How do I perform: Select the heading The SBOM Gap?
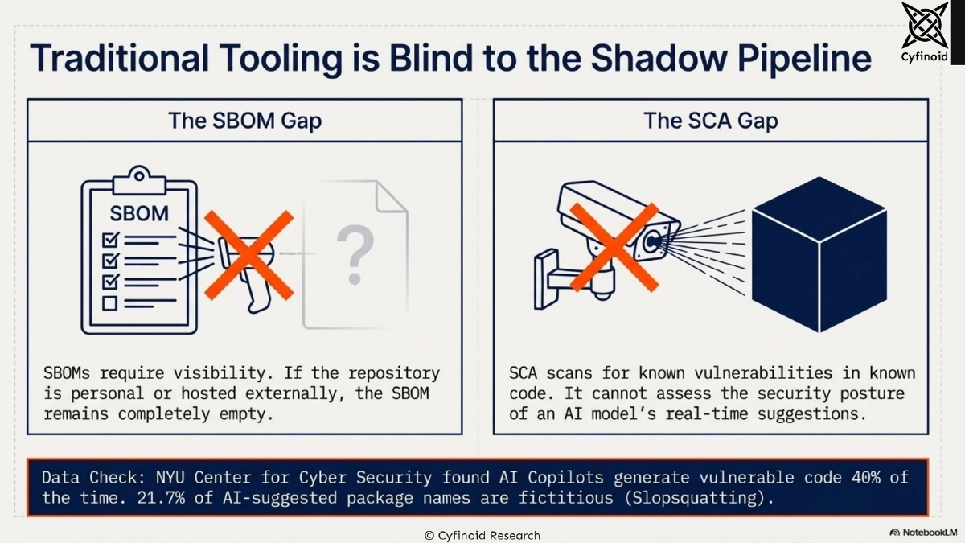point(244,121)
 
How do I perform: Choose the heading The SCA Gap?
point(710,121)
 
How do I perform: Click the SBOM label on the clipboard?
point(139,214)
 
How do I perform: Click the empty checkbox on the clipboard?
point(109,303)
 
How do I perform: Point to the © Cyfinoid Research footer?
point(482,535)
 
